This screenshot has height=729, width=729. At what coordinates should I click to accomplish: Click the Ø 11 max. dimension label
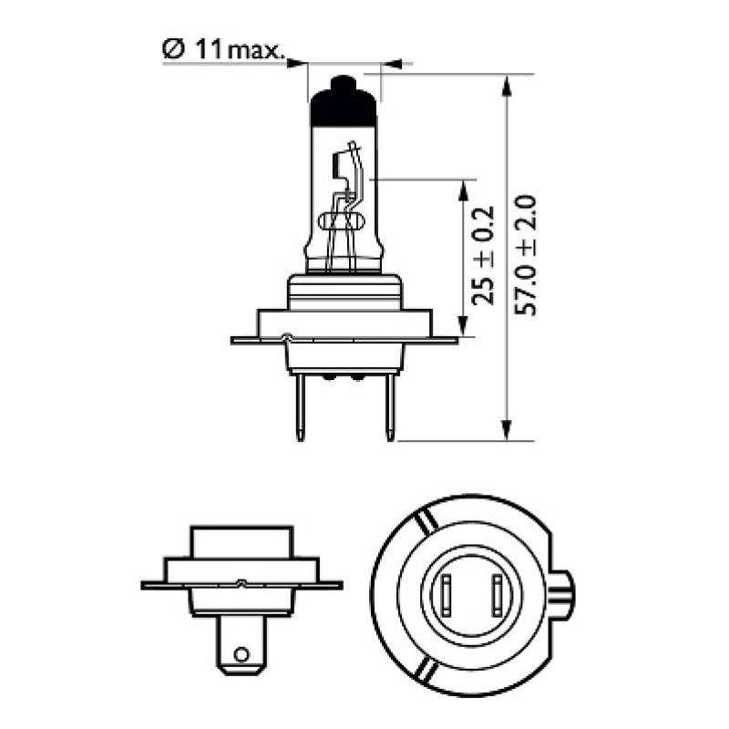[221, 49]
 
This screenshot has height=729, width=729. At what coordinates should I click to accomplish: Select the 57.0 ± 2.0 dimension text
[528, 255]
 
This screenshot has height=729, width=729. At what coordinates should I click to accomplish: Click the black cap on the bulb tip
[343, 104]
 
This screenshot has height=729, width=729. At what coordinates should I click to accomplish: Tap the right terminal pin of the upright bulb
[390, 410]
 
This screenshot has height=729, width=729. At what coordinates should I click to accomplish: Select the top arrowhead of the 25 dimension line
[464, 188]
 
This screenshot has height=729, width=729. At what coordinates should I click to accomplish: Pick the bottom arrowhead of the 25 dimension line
[464, 328]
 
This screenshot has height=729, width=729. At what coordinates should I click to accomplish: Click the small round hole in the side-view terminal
[241, 653]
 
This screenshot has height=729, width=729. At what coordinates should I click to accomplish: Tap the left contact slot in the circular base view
[448, 596]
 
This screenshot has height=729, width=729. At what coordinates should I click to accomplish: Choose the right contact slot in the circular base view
[497, 596]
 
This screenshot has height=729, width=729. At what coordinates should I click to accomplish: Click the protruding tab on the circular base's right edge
[566, 596]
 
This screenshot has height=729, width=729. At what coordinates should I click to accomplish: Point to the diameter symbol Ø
[174, 49]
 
